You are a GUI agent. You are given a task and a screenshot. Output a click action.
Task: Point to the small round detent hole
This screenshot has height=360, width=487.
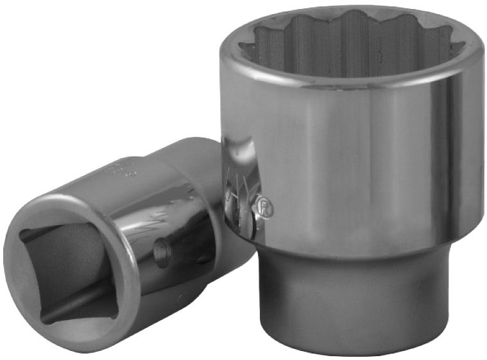tap(162, 251)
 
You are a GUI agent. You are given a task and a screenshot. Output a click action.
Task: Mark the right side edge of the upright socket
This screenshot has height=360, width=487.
tap(479, 148)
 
